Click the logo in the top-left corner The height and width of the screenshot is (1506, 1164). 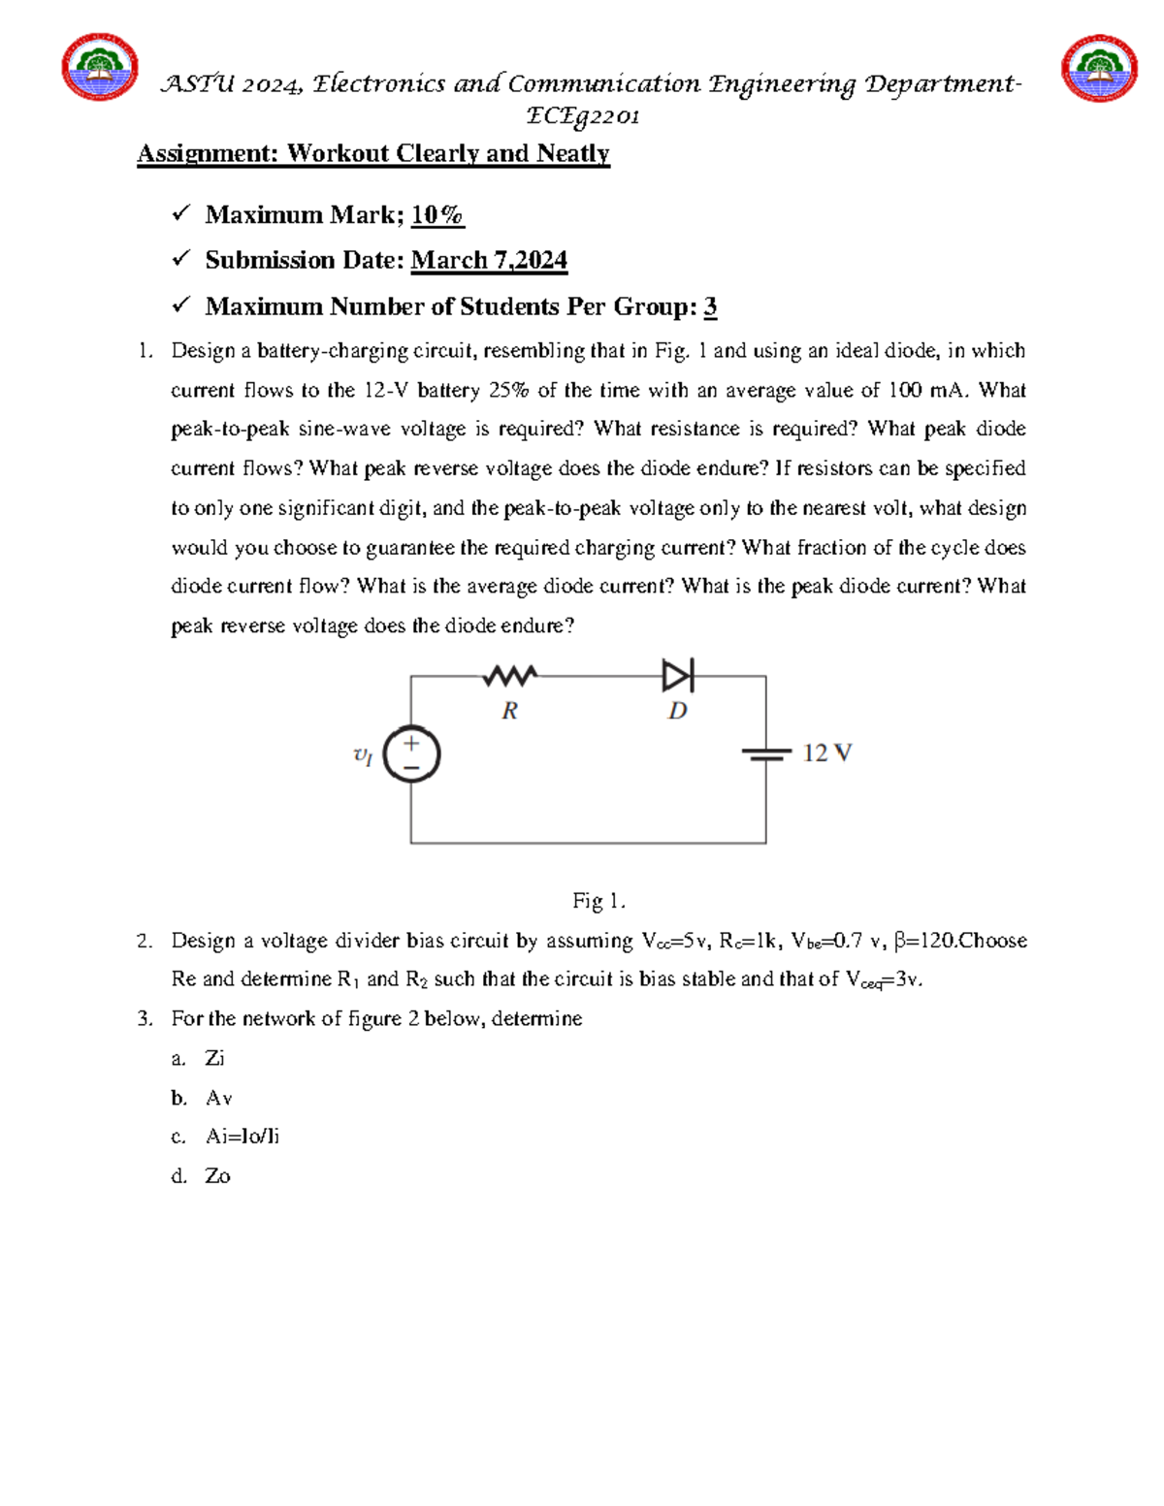tap(99, 68)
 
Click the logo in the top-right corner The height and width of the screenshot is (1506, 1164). tap(1098, 68)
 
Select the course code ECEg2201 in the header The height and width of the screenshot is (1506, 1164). tap(582, 116)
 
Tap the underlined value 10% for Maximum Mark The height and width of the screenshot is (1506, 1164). tap(437, 214)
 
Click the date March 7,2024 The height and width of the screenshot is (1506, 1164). tap(489, 260)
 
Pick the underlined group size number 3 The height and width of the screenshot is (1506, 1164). tap(710, 306)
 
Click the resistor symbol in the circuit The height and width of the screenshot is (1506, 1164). tap(510, 676)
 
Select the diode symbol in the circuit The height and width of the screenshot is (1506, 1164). tap(677, 676)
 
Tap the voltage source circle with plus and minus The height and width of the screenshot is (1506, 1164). tap(411, 754)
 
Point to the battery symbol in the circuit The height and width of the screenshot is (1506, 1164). tap(765, 754)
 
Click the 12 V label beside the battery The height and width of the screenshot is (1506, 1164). tap(826, 753)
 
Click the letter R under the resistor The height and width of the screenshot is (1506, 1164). tap(509, 711)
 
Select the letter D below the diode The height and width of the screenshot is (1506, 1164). tap(677, 711)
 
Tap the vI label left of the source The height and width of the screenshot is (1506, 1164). tap(363, 755)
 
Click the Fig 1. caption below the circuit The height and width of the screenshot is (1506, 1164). tap(598, 901)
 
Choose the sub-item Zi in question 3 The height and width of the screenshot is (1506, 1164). tap(214, 1058)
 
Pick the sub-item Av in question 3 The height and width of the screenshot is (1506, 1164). tap(218, 1098)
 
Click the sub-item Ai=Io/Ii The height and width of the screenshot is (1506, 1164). tap(242, 1137)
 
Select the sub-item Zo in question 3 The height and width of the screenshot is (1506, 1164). tap(217, 1176)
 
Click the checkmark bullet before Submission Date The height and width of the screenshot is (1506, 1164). tap(180, 259)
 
